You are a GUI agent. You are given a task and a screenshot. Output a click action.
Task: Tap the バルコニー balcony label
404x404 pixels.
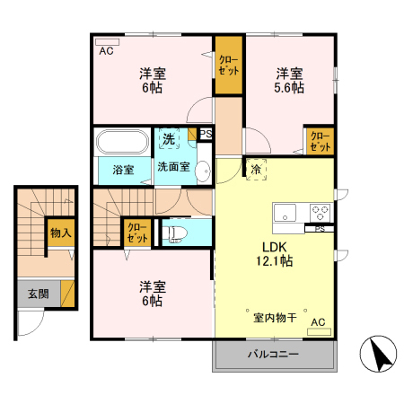coord(273,356)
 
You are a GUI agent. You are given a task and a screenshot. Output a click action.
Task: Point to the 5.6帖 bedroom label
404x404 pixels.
coord(288,80)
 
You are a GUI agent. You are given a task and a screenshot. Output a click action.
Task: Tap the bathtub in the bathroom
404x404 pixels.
coord(121,143)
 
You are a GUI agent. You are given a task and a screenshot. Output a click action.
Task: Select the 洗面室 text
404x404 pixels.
coord(172,168)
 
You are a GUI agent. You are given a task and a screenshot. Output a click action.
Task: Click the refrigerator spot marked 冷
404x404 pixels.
coord(256,169)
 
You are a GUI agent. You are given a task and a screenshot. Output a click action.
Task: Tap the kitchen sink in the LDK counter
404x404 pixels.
coord(285,213)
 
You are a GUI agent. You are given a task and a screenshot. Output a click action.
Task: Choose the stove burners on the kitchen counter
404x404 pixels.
coord(319,213)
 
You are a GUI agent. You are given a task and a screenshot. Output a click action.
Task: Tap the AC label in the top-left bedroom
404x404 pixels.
coord(106,50)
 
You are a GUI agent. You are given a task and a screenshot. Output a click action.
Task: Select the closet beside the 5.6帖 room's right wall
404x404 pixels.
coord(320,141)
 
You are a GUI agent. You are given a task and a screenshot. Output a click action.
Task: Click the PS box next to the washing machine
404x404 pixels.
coord(206,135)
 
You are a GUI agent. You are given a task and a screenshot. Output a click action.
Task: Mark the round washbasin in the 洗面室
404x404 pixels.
coord(202,170)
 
